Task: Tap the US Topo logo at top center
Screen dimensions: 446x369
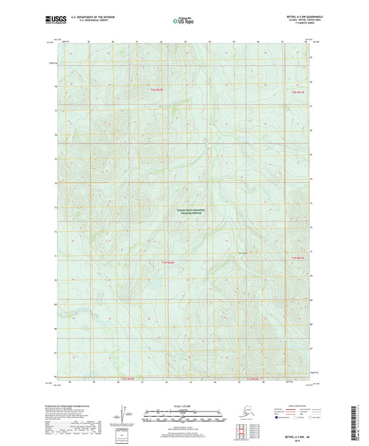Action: click(x=183, y=21)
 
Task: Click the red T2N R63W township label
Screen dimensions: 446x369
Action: click(x=160, y=91)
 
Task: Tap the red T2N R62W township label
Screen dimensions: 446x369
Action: click(x=298, y=92)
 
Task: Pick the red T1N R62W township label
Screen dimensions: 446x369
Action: click(x=298, y=258)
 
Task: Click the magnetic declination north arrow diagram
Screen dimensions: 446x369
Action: click(x=125, y=414)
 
